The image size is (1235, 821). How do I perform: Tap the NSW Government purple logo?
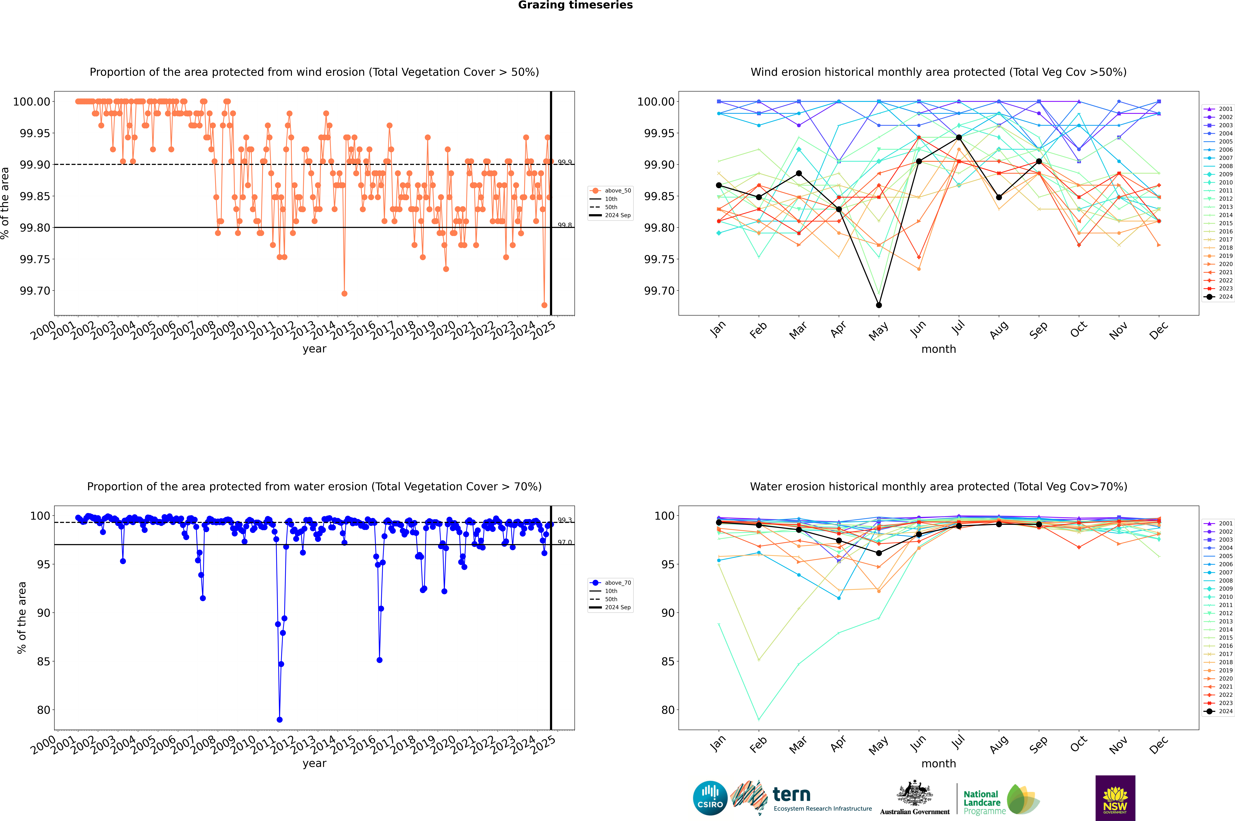coord(1115,798)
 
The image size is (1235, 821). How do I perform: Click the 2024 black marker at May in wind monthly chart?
coord(879,305)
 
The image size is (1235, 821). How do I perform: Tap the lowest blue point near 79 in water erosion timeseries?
coord(280,719)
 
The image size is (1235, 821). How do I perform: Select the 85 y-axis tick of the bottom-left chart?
coord(43,661)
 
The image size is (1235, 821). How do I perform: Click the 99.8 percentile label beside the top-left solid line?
coord(564,225)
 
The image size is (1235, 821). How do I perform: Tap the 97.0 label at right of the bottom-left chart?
coord(564,542)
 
